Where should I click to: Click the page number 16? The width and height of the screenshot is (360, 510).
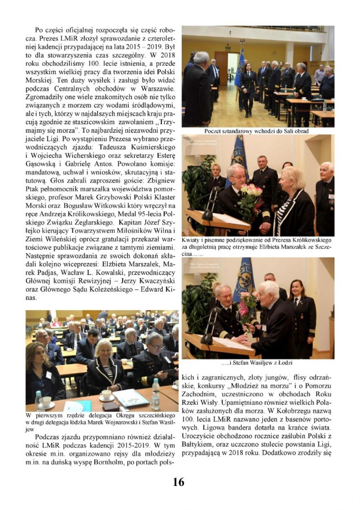click(x=178, y=482)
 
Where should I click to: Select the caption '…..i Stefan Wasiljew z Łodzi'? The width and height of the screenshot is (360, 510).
click(x=257, y=363)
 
